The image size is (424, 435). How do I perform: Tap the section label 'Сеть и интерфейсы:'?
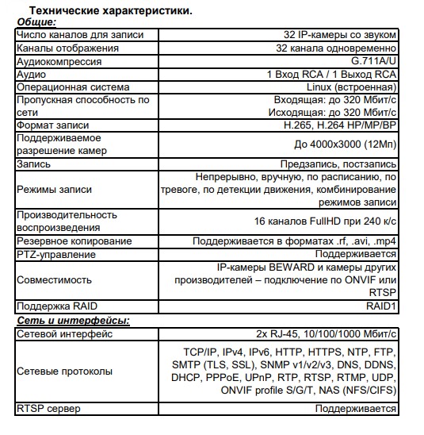click(x=74, y=321)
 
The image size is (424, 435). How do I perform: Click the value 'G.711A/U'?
click(x=373, y=60)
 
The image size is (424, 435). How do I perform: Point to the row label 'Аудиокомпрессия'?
click(x=59, y=60)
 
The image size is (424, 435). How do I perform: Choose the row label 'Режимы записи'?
click(x=54, y=190)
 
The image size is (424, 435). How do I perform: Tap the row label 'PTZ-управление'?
click(x=55, y=254)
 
